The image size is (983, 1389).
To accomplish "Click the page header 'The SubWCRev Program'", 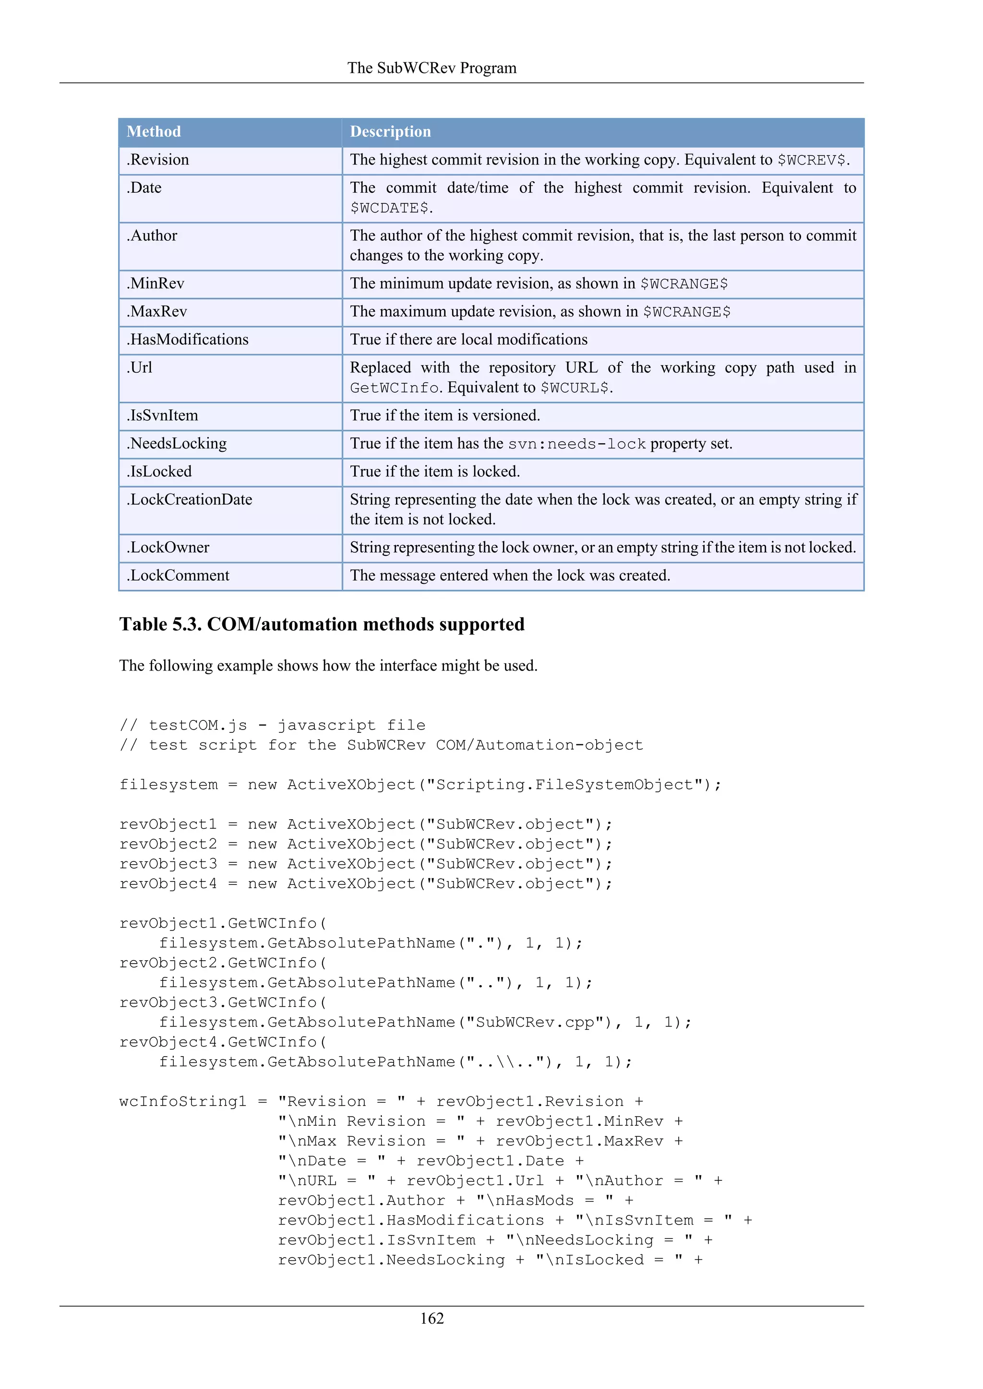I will (x=432, y=68).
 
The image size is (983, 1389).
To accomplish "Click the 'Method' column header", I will (x=154, y=131).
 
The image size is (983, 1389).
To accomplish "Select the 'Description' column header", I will (x=390, y=131).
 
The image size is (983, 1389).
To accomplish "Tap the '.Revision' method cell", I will (x=157, y=160).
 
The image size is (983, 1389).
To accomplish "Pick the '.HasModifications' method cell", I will (x=187, y=340).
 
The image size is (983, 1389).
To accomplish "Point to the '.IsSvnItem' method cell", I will (x=162, y=416).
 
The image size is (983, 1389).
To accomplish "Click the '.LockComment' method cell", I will (x=178, y=576).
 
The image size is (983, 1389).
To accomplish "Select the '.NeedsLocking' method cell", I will (x=176, y=444).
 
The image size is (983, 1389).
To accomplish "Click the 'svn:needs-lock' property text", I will (x=577, y=444).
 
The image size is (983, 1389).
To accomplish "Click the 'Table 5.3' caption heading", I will (x=322, y=624).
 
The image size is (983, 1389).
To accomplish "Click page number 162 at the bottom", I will (x=432, y=1318).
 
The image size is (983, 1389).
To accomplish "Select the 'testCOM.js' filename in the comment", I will (x=198, y=725).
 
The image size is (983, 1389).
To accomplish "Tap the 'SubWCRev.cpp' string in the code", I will (x=535, y=1023).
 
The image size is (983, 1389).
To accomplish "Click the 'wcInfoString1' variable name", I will (x=183, y=1102).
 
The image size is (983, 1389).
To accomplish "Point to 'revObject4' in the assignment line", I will (x=168, y=884).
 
